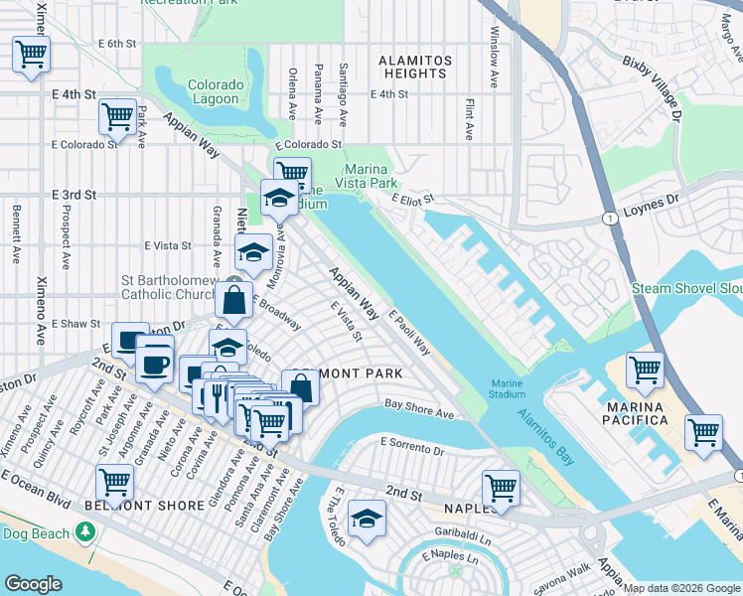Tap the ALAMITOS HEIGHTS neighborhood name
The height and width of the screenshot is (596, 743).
pos(415,67)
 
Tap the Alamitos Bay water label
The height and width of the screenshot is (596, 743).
pos(544,432)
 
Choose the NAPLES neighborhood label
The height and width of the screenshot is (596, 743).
pos(470,508)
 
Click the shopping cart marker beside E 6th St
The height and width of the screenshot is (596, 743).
pos(32,54)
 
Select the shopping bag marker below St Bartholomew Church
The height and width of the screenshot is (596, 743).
pos(232,299)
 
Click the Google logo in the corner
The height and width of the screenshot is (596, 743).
pos(33,584)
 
